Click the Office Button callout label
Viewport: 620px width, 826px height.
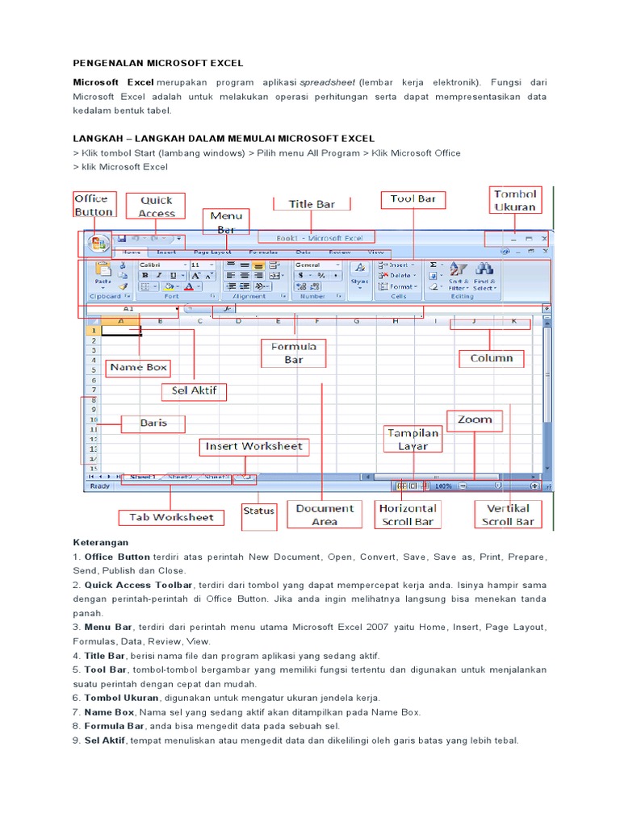click(x=94, y=205)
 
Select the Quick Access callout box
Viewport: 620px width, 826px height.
click(x=157, y=206)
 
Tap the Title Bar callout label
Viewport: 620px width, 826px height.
click(x=312, y=204)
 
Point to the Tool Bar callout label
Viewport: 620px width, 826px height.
click(x=413, y=198)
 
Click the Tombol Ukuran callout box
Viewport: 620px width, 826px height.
click(x=515, y=200)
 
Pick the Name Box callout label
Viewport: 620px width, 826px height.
click(x=139, y=367)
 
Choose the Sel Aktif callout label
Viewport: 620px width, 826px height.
click(x=194, y=392)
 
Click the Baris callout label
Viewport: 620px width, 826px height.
click(x=153, y=423)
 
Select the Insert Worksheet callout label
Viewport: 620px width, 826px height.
click(x=253, y=446)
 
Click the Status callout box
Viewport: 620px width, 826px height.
click(x=258, y=511)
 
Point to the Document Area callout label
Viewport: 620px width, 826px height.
click(x=325, y=515)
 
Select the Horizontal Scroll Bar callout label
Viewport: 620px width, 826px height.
click(x=408, y=515)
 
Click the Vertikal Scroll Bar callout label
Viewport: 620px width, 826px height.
click(x=509, y=515)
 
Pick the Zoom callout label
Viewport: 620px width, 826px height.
click(x=475, y=419)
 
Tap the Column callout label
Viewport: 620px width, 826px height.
click(x=491, y=358)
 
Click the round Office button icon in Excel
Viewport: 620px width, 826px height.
click(x=98, y=243)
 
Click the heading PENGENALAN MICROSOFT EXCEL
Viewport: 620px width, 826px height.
click(x=158, y=63)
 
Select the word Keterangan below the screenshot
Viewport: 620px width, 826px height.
click(x=101, y=543)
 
